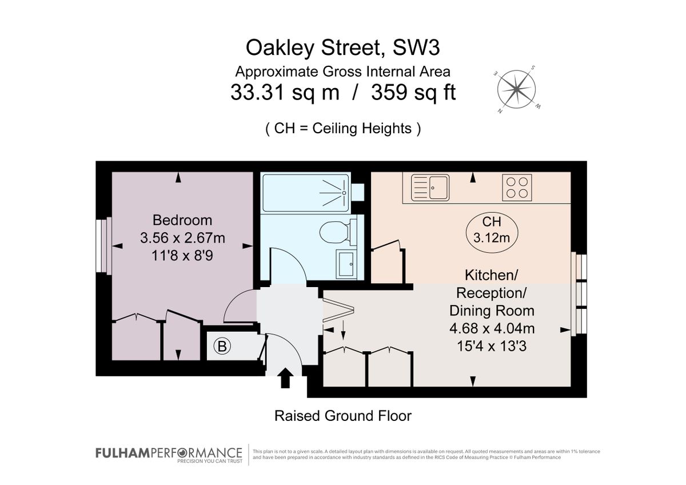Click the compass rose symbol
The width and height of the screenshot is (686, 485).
pos(517,89)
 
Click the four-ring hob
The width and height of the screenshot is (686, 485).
pos(517,187)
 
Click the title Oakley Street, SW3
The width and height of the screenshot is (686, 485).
pos(343,48)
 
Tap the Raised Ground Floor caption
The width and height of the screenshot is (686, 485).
pos(343,416)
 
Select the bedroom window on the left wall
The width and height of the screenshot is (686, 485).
pos(103,246)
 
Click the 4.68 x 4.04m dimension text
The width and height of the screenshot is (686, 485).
pos(492,329)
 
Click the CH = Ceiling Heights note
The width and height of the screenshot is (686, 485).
pos(343,128)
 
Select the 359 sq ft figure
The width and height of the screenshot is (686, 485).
pos(413,93)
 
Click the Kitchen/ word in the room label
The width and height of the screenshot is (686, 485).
pos(491,275)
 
